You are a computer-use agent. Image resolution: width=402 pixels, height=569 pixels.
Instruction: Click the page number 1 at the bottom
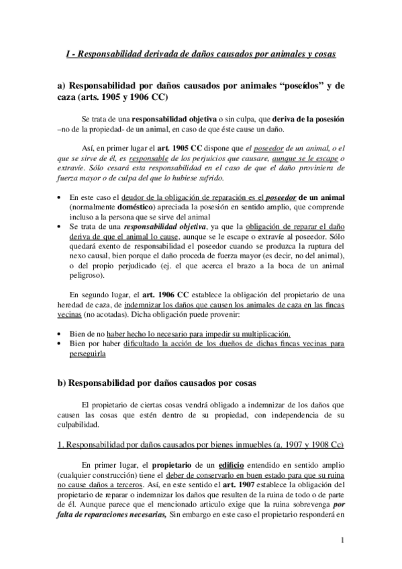(x=342, y=541)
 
